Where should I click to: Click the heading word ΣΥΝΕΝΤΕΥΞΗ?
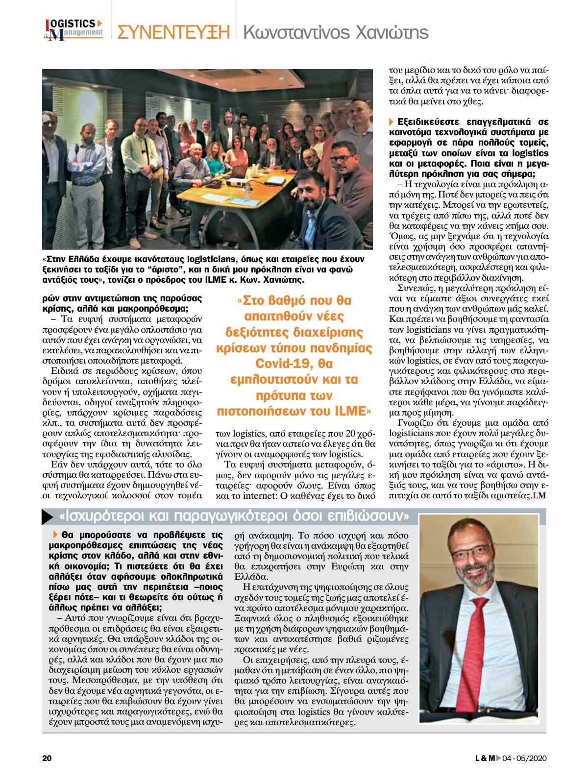click(x=173, y=32)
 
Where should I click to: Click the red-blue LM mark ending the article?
click(x=539, y=496)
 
